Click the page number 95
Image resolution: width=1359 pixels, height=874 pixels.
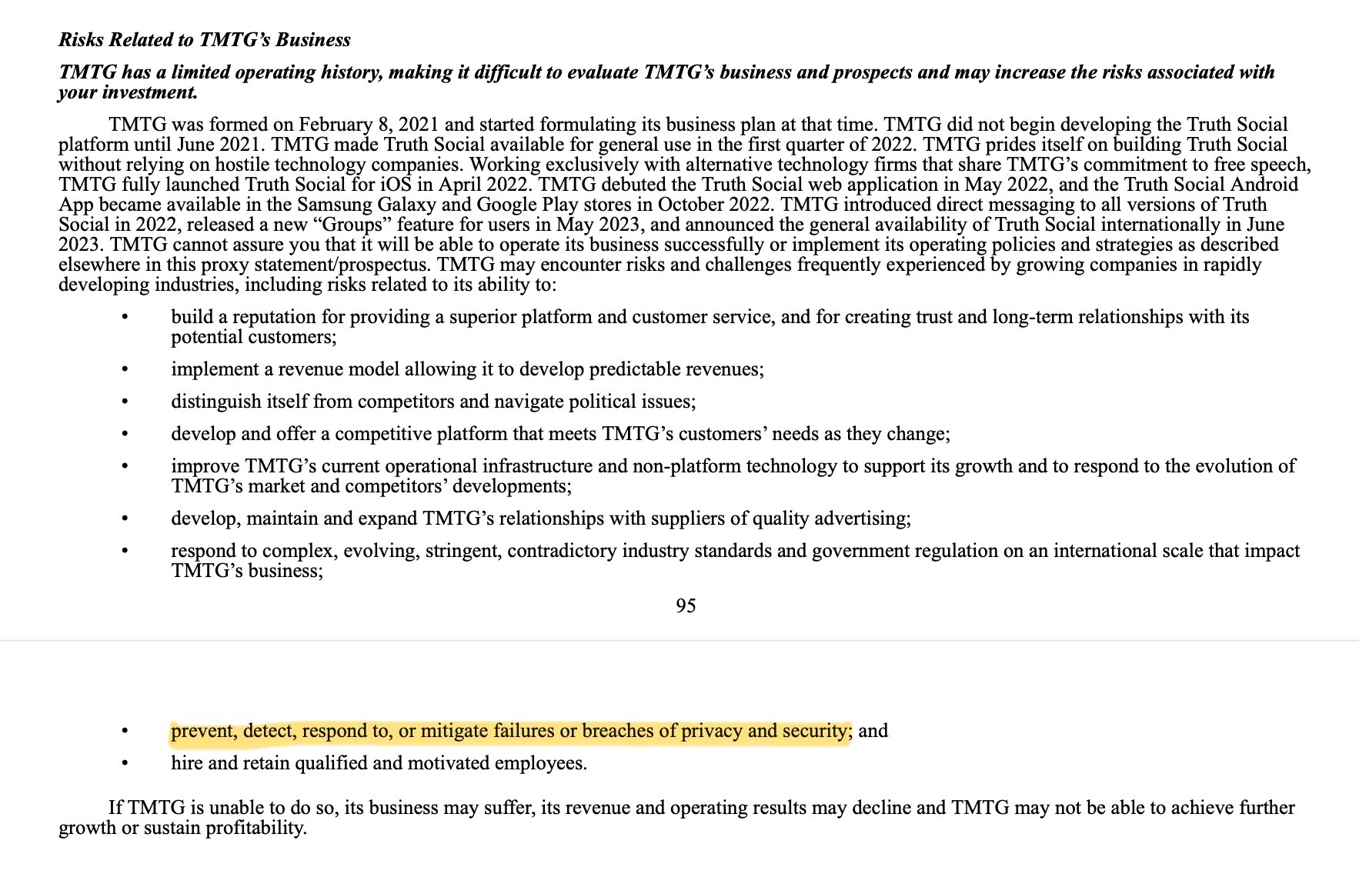[686, 606]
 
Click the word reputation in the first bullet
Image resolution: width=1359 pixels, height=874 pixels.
[272, 317]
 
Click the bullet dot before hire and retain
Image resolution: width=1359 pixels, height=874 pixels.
[125, 764]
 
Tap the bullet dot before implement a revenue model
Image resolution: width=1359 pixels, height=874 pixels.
[125, 370]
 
